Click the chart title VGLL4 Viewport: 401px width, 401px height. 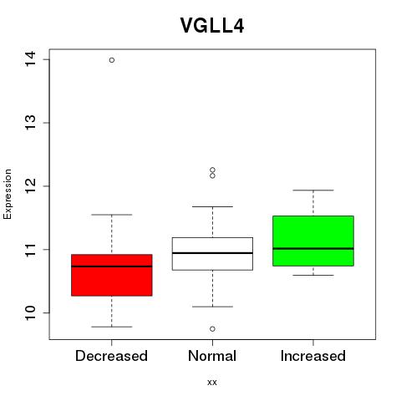pyautogui.click(x=212, y=26)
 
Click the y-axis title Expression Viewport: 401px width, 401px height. pyautogui.click(x=8, y=194)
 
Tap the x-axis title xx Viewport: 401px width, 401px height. pyautogui.click(x=212, y=383)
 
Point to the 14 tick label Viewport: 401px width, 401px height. pyautogui.click(x=30, y=59)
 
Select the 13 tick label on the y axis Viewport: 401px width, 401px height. pyautogui.click(x=30, y=123)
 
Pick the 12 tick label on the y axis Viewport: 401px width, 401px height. pyautogui.click(x=30, y=186)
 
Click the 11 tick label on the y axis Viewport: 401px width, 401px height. pyautogui.click(x=30, y=250)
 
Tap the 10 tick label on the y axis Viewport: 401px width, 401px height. pyautogui.click(x=30, y=312)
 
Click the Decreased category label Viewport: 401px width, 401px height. pyautogui.click(x=111, y=356)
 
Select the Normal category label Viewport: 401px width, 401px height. pyautogui.click(x=212, y=356)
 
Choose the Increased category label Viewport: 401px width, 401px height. pyautogui.click(x=313, y=356)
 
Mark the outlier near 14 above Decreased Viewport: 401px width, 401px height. pyautogui.click(x=112, y=60)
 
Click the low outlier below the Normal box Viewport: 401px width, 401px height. pyautogui.click(x=212, y=329)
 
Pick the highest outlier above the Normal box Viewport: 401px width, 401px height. pyautogui.click(x=212, y=170)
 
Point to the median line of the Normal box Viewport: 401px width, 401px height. pyautogui.click(x=212, y=253)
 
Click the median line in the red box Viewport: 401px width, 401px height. pyautogui.click(x=112, y=266)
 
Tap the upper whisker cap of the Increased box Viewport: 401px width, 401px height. pyautogui.click(x=313, y=190)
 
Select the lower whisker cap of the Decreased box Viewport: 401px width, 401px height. pyautogui.click(x=112, y=327)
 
